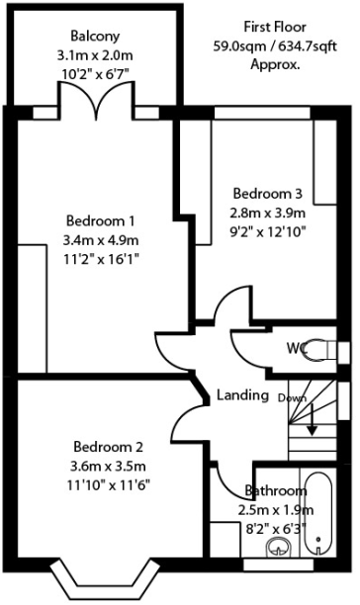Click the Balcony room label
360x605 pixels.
tap(95, 37)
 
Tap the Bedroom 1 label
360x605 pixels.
tap(100, 221)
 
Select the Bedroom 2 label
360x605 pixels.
tap(109, 447)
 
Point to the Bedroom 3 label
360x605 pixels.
tap(268, 193)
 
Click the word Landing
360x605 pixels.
tap(242, 395)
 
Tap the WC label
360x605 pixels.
tap(297, 348)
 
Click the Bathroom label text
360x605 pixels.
tap(276, 490)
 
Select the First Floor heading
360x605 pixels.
tap(275, 27)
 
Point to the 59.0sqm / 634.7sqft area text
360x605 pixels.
tap(276, 46)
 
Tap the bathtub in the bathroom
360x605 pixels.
tap(318, 512)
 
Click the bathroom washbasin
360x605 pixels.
tap(280, 547)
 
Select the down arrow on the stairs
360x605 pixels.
tap(313, 419)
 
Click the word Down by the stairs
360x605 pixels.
tap(292, 397)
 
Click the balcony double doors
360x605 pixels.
tap(97, 100)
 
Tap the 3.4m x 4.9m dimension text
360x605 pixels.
tap(101, 240)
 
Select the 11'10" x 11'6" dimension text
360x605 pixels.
tap(109, 485)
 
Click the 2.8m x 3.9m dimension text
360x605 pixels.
tap(268, 213)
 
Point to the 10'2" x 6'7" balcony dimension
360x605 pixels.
tap(95, 74)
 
